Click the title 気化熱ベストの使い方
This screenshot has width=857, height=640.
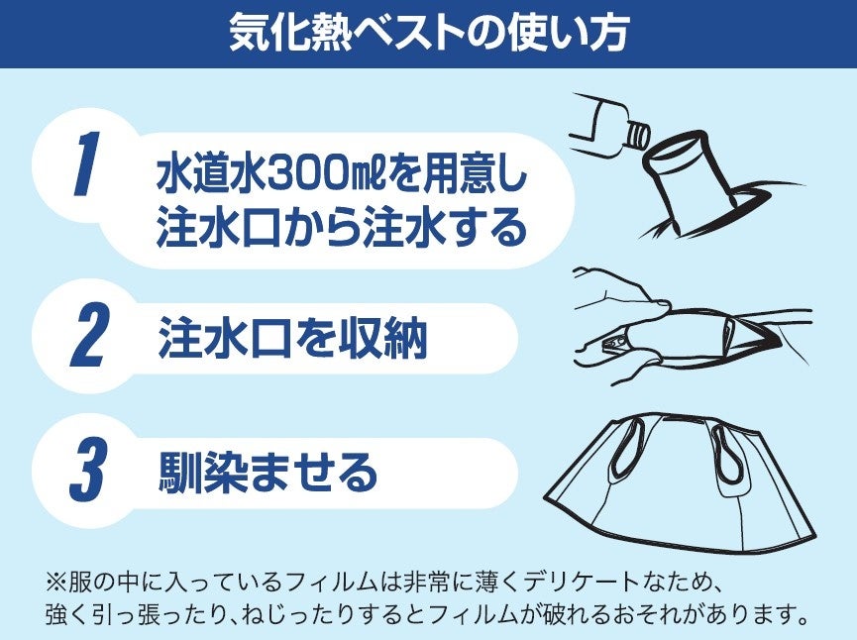(x=429, y=33)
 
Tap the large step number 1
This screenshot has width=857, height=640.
(x=87, y=163)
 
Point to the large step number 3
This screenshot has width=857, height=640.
(x=88, y=470)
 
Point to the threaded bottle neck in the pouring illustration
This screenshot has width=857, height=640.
(x=638, y=135)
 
